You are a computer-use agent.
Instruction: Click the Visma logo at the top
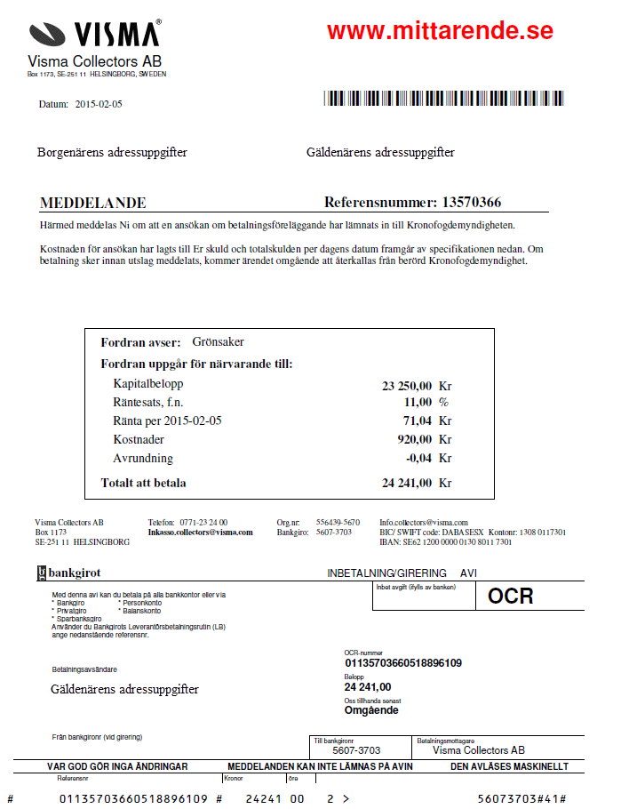(95, 34)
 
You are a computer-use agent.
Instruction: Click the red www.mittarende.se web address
(440, 30)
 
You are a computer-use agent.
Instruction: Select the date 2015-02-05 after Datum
(99, 104)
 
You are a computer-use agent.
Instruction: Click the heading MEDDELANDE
(93, 203)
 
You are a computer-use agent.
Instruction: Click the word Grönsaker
(218, 342)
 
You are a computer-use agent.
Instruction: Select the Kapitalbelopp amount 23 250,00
(407, 386)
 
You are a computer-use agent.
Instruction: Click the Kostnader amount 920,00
(414, 439)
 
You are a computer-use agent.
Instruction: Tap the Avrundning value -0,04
(418, 459)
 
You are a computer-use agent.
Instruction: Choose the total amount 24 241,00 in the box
(407, 483)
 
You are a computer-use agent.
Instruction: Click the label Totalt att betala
(144, 483)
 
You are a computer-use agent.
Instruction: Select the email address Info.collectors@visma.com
(424, 523)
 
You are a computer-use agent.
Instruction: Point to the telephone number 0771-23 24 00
(205, 523)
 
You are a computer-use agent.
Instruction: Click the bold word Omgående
(371, 709)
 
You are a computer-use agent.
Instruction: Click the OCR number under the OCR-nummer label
(402, 662)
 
